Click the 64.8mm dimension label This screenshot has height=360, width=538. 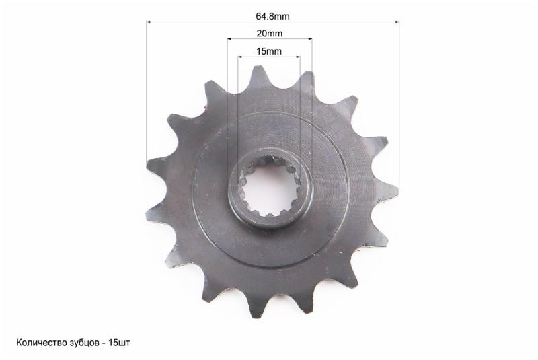coord(272,16)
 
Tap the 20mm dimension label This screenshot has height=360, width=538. coord(270,34)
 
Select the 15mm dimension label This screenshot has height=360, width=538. coord(269,52)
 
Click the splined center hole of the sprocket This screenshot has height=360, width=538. coord(269,188)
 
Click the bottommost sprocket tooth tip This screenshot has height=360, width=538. coord(254,316)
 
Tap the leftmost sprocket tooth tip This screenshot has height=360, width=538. coord(147,164)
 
